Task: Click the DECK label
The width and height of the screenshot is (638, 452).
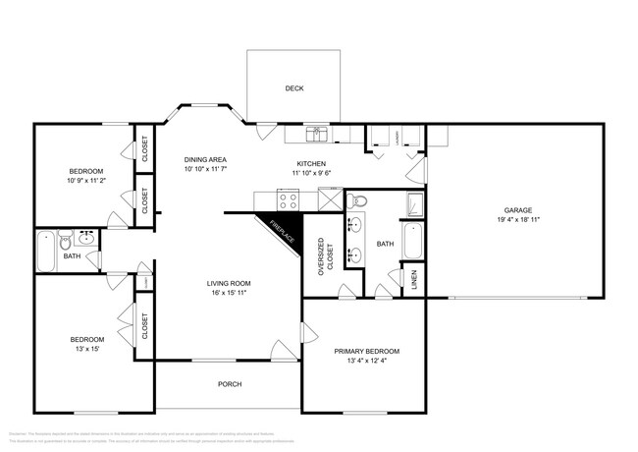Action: point(293,88)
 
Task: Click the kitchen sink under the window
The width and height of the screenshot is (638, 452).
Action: point(317,133)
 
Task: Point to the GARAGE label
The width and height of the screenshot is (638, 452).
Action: point(518,209)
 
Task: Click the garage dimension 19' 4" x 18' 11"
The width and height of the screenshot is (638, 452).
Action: point(518,219)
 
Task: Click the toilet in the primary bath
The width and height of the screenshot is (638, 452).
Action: point(358,201)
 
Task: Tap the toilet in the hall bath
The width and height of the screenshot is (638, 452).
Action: point(65,240)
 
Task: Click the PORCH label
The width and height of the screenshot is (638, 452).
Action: point(229,384)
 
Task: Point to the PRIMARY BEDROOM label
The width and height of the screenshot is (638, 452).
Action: point(366,351)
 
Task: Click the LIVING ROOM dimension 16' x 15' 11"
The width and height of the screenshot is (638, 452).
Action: point(229,293)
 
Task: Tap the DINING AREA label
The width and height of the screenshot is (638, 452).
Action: point(206,159)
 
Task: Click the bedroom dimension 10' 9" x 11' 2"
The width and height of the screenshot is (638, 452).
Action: point(85,181)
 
